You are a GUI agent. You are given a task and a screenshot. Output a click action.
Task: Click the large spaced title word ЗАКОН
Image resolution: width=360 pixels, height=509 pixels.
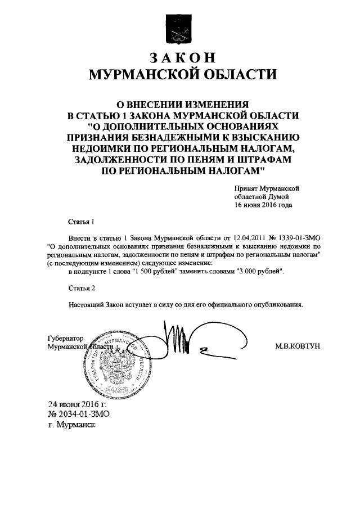click(x=180, y=57)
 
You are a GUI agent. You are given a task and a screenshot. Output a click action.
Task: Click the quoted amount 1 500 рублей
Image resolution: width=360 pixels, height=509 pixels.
click(x=156, y=272)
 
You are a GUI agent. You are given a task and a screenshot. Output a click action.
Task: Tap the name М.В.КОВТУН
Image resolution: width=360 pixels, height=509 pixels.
click(x=298, y=346)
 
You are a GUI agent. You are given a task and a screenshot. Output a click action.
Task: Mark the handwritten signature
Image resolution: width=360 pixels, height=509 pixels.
click(x=180, y=343)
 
